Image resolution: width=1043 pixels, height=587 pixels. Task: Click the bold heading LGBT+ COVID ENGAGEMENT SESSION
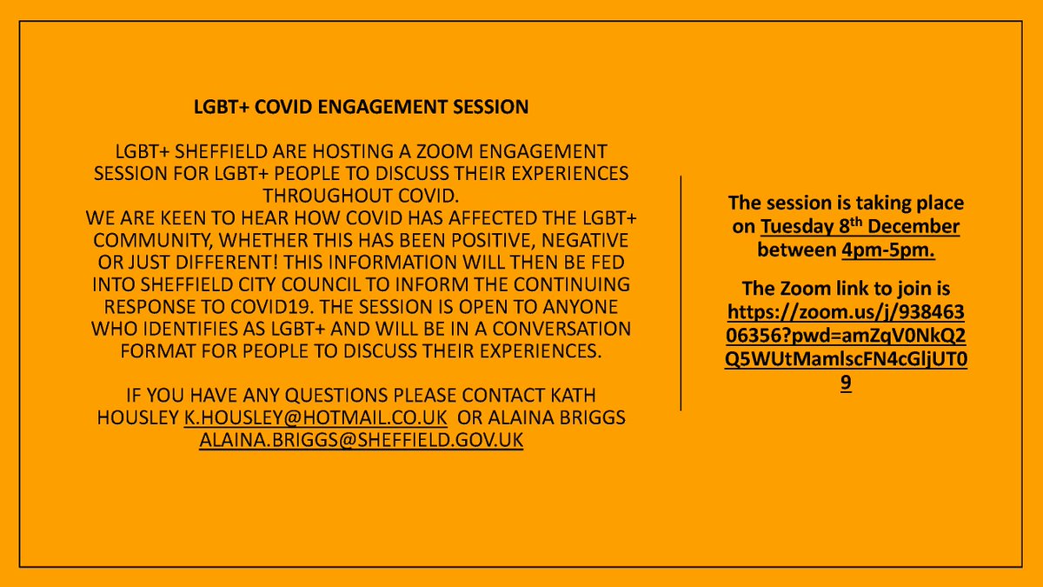[361, 108]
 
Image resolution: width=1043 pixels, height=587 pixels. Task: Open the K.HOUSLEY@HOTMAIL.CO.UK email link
[316, 418]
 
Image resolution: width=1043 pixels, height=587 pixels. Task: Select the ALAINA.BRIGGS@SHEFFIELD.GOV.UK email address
[361, 441]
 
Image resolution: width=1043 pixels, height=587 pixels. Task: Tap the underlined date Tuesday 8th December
[860, 227]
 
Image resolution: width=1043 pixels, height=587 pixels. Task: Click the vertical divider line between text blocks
[681, 291]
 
